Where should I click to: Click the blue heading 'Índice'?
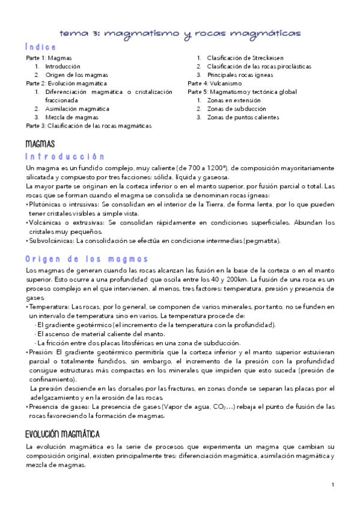point(41,47)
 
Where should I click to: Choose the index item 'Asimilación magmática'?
point(77,109)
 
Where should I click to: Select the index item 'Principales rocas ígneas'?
point(240,75)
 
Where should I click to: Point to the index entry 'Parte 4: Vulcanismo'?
point(215,83)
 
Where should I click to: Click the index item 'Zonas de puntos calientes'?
point(243,117)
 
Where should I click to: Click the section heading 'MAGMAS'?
point(40,144)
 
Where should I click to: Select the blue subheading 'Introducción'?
point(65,156)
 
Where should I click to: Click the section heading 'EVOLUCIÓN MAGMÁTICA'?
point(63,434)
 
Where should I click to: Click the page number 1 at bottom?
point(332,484)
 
